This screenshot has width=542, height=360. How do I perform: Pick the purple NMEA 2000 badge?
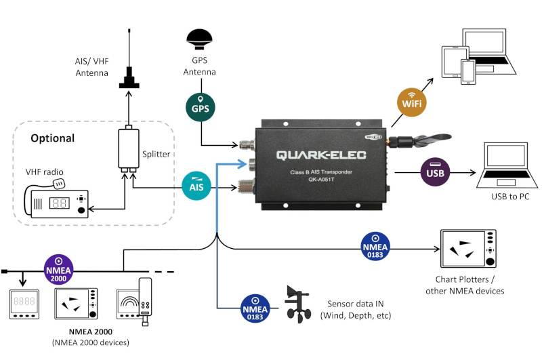58,270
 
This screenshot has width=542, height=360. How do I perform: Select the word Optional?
53,138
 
